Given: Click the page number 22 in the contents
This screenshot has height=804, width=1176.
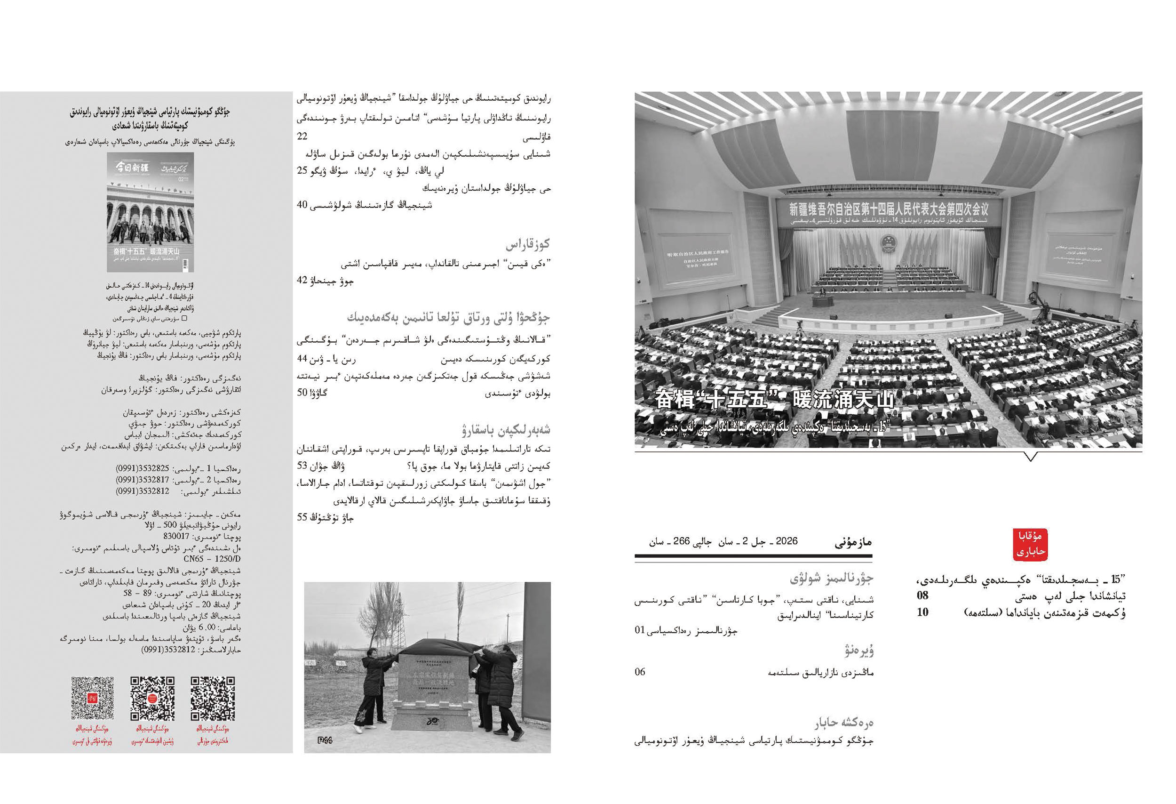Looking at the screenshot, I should tap(302, 136).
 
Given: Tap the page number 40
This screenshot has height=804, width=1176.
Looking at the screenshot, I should tap(302, 205).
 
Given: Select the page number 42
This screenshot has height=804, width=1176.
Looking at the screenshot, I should tap(302, 280).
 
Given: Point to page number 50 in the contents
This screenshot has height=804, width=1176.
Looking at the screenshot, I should tap(302, 392).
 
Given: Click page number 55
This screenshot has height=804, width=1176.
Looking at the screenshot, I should tap(302, 517).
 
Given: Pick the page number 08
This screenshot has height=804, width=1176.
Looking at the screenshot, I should tap(922, 595).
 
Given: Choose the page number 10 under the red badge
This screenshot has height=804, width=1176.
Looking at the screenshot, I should tap(922, 612).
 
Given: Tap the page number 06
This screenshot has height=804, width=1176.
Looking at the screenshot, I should tap(640, 672).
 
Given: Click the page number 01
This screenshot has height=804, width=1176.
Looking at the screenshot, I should tap(640, 630).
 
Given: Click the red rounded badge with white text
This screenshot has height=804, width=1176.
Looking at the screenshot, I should tap(1030, 545).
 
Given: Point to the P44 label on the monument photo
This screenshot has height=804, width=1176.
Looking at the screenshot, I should tap(325, 740).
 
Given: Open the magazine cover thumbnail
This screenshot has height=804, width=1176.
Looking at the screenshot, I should tap(150, 212).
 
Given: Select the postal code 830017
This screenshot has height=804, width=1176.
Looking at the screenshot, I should tap(176, 536).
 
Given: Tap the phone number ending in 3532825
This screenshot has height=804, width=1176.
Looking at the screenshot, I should tap(143, 468).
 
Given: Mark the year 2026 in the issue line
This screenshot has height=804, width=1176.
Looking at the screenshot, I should tap(787, 541).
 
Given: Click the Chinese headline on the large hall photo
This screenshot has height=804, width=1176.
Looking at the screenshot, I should tap(774, 400).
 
